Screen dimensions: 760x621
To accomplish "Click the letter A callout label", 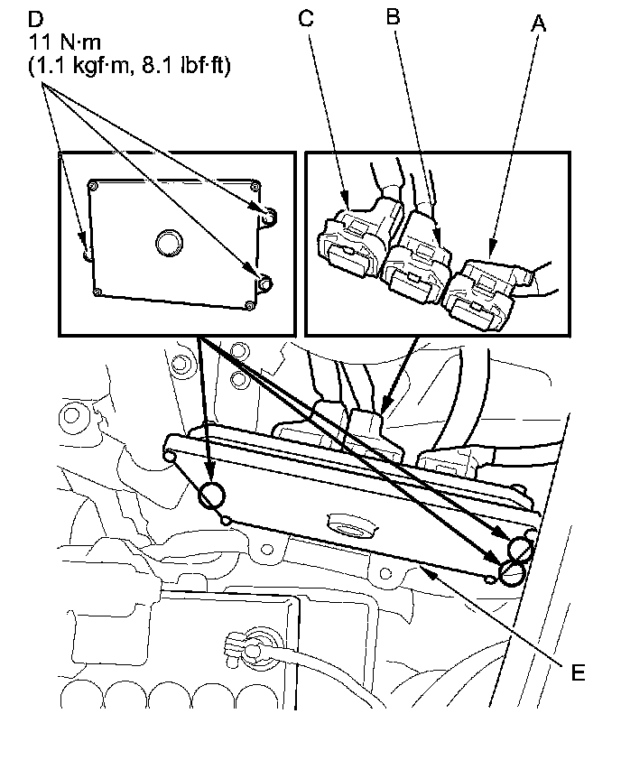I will point(539,24).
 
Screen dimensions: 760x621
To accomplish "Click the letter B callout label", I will point(392,17).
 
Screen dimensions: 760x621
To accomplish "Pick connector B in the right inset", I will point(417,257).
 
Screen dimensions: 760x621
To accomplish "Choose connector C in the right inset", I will point(347,236).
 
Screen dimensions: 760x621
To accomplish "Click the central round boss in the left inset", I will point(168,242).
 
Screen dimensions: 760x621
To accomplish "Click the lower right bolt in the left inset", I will point(264,284).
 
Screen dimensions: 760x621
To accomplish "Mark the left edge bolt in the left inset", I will point(87,255).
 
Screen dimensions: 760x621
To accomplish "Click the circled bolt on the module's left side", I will point(213,495).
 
